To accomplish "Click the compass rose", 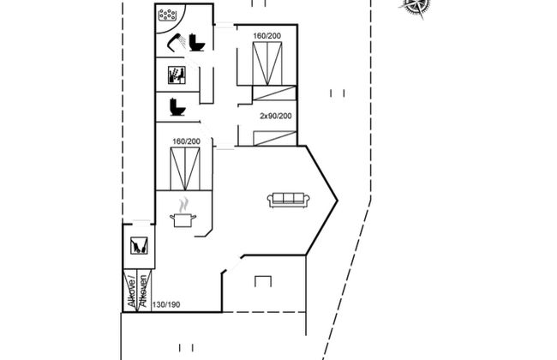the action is [416, 6].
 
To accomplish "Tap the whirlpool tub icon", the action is [168, 15].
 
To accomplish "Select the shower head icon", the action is [177, 43].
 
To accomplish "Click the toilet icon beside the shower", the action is [196, 43].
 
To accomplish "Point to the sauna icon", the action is [177, 75].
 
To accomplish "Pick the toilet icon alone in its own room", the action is [177, 107].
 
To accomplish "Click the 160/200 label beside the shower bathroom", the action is [267, 36].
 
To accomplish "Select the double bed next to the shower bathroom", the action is [267, 63].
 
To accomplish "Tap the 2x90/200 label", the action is [276, 116].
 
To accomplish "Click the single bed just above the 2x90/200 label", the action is [274, 93].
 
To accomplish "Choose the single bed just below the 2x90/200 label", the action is [274, 138].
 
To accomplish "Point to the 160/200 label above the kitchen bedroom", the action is [187, 141].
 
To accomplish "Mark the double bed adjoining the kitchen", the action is [185, 169].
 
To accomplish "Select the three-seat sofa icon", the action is [289, 200].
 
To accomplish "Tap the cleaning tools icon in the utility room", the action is [139, 245].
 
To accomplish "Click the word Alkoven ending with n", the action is [143, 291].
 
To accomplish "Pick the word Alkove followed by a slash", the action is [132, 291].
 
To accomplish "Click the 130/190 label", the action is [166, 304].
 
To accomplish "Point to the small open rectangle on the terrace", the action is [263, 281].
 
